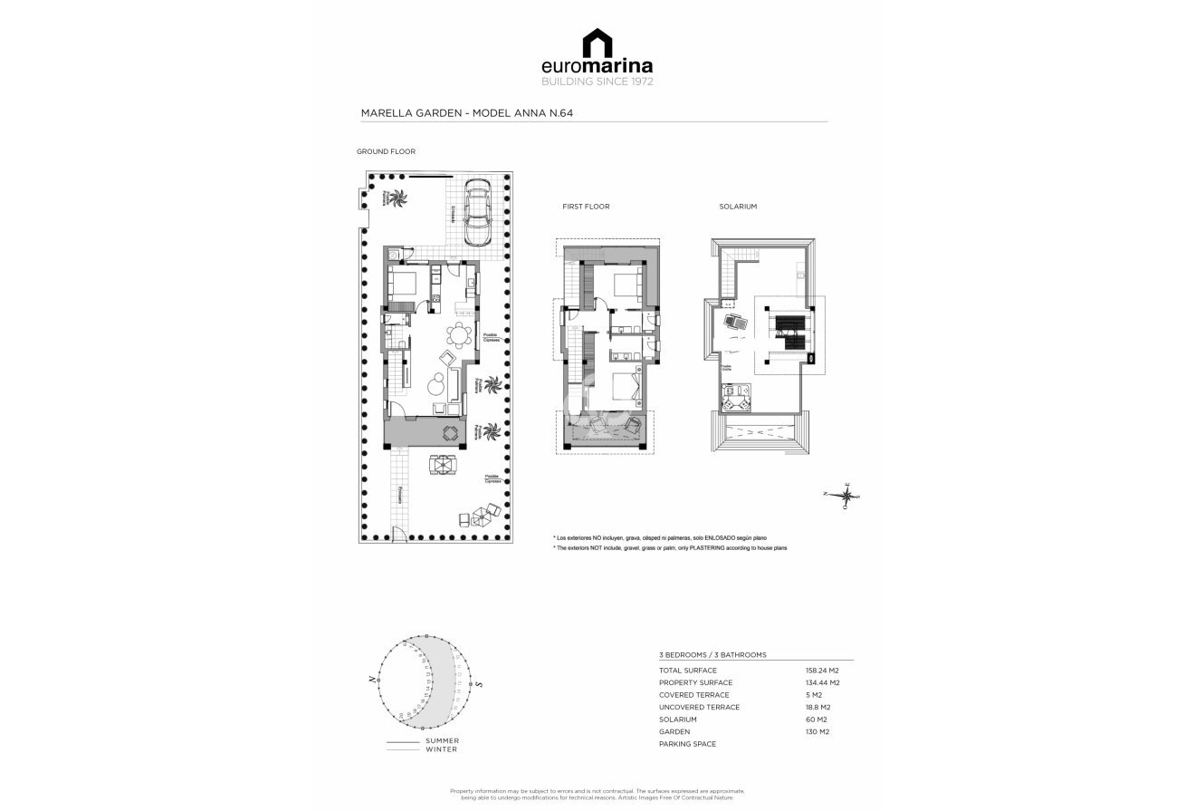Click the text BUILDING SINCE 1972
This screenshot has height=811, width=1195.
pos(597,82)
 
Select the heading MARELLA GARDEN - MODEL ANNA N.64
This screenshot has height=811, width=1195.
pos(467,113)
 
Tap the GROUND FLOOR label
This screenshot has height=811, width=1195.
pos(386,152)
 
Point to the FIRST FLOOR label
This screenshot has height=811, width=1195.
pos(586,207)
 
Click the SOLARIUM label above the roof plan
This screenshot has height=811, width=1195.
pos(738,207)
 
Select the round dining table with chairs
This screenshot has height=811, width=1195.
pos(460,336)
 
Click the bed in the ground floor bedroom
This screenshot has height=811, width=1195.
pos(403,283)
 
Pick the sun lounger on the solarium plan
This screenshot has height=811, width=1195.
pos(735,321)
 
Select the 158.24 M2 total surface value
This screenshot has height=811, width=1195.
pos(822,671)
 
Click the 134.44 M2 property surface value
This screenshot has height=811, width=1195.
pos(822,682)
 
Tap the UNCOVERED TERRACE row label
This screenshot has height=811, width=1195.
pos(699,707)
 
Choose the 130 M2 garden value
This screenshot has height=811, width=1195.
pos(817,731)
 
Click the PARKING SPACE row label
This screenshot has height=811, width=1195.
pos(687,744)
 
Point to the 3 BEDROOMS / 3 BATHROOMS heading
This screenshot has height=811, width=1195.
pos(712,654)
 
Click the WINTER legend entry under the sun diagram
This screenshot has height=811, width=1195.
pos(442,749)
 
